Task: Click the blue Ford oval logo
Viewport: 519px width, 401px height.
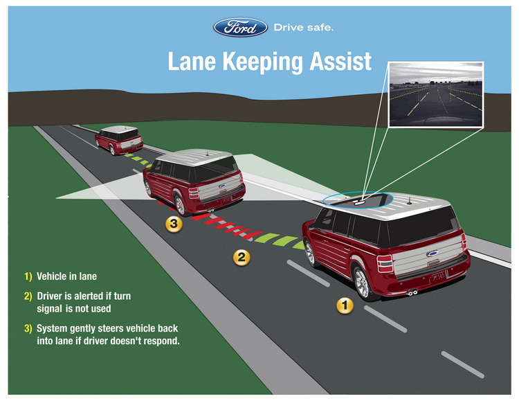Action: pyautogui.click(x=240, y=28)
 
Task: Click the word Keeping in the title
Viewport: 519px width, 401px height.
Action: pyautogui.click(x=260, y=61)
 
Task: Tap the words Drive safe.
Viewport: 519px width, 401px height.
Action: pyautogui.click(x=304, y=28)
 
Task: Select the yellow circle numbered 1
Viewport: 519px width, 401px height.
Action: pyautogui.click(x=344, y=304)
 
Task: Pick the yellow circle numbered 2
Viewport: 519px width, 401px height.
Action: pyautogui.click(x=241, y=257)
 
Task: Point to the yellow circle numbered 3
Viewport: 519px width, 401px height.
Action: pyautogui.click(x=174, y=224)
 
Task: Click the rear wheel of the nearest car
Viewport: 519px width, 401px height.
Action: pyautogui.click(x=362, y=280)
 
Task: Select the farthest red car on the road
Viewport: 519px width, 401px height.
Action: pyautogui.click(x=119, y=140)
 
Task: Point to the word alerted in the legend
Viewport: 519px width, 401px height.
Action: pyautogui.click(x=97, y=296)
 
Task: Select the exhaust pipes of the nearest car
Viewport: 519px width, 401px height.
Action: pyautogui.click(x=412, y=292)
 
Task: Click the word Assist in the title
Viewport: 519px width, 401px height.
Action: pyautogui.click(x=338, y=61)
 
